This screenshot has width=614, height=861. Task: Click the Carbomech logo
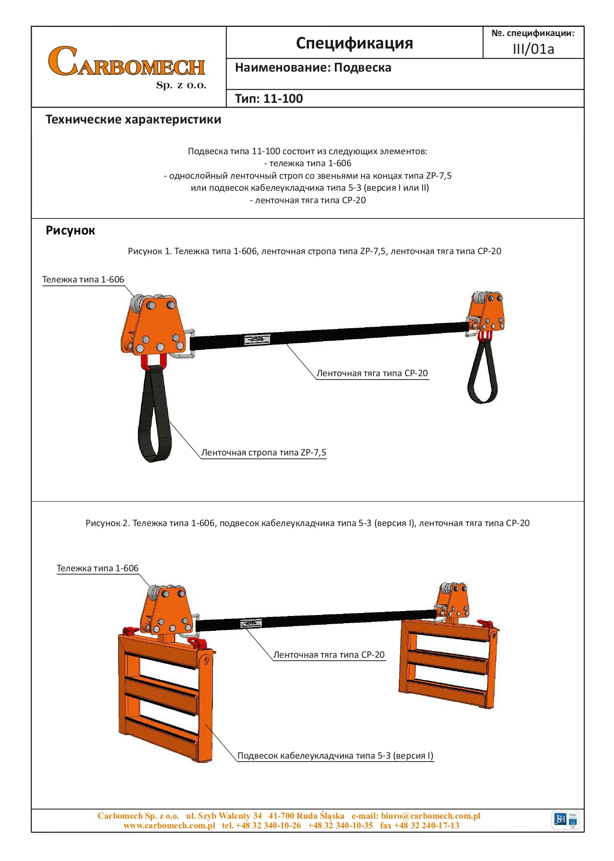point(127,66)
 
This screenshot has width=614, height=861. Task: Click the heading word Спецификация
point(354,43)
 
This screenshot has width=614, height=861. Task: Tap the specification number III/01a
point(533,49)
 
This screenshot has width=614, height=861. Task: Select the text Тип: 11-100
point(269,99)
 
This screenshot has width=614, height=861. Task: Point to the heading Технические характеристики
point(133,120)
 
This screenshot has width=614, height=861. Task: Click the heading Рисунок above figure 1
point(70,231)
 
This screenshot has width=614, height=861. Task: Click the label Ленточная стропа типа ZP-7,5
point(263,453)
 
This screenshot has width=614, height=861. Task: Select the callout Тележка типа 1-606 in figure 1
point(83,280)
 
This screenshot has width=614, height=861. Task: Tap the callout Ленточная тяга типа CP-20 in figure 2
point(329,655)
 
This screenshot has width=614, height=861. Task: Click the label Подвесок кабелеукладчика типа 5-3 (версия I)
point(335,756)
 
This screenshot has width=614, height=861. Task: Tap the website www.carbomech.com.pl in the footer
point(169,825)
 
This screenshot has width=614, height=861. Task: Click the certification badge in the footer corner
point(566,819)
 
